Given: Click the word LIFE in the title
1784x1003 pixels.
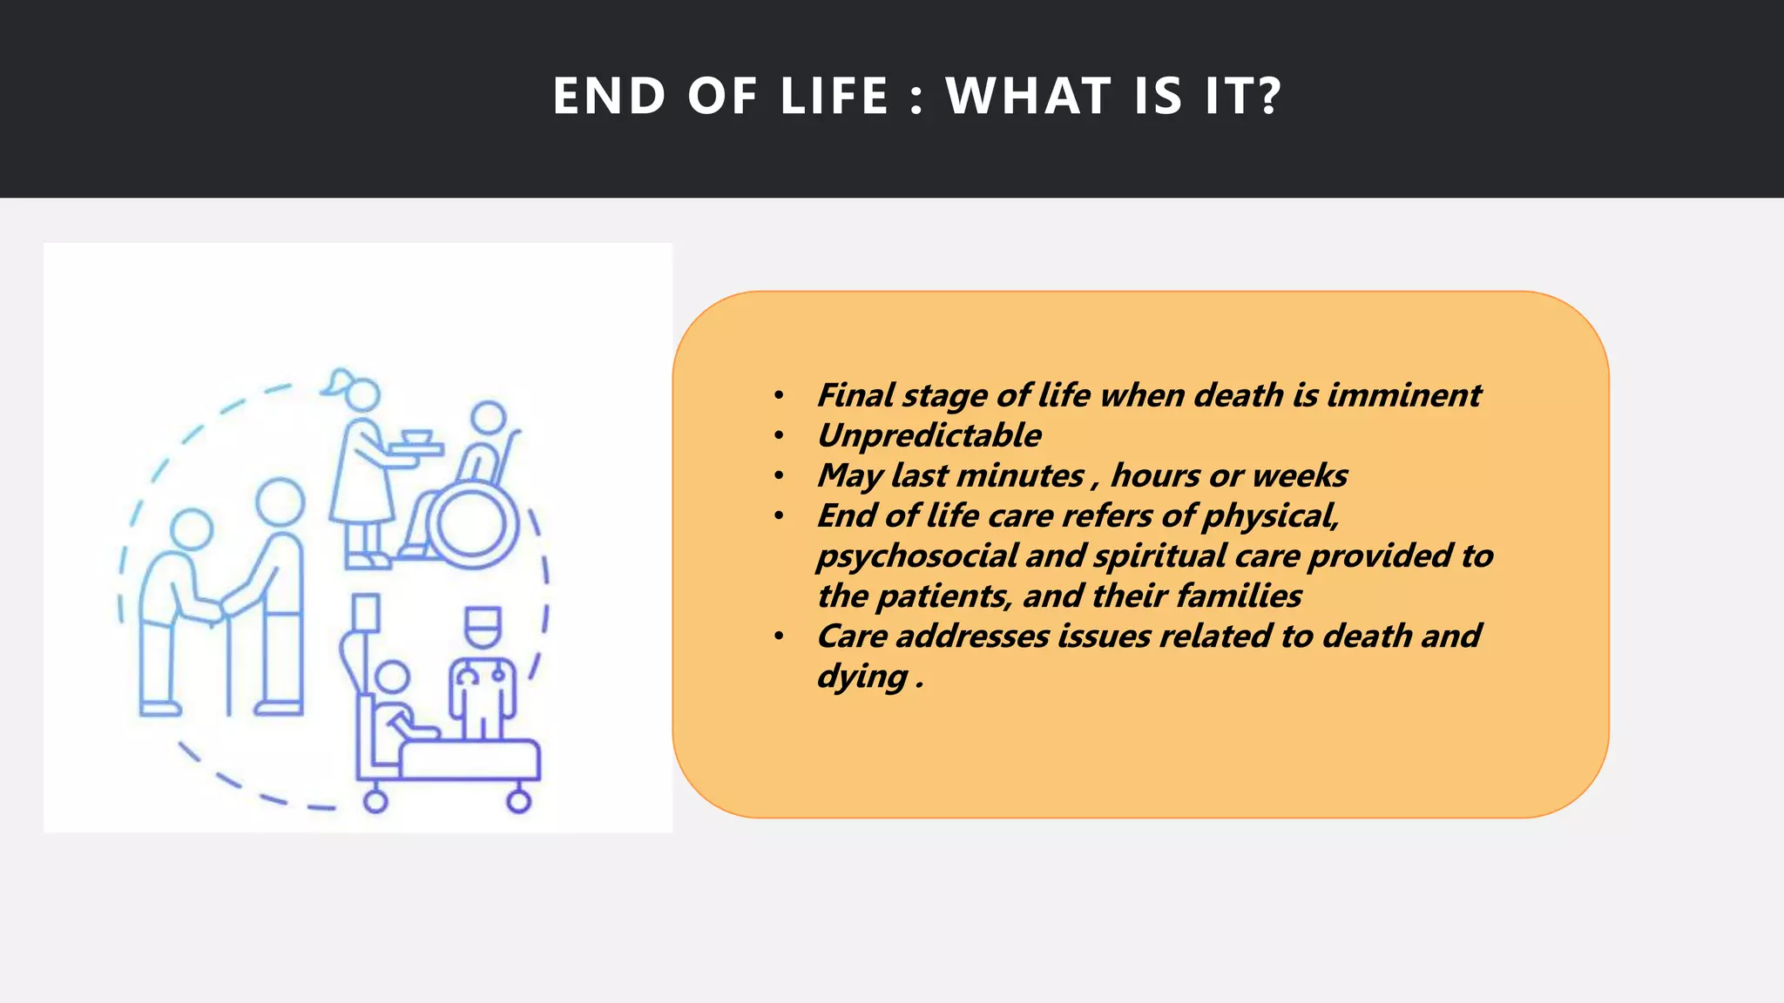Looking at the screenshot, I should click(x=834, y=96).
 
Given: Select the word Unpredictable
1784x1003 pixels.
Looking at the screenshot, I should click(x=929, y=435).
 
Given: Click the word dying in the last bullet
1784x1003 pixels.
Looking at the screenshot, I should click(x=862, y=677).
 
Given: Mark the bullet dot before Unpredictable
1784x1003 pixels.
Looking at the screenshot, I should click(x=779, y=436).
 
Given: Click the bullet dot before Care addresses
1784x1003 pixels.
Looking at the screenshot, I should click(x=779, y=636).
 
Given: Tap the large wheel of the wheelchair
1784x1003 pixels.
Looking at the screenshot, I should click(x=471, y=525).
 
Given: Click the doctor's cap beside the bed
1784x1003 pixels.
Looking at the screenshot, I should click(x=482, y=619).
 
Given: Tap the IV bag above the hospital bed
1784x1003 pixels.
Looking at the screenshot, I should click(x=366, y=613).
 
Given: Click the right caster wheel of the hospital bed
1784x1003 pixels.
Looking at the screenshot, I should click(x=519, y=802).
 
